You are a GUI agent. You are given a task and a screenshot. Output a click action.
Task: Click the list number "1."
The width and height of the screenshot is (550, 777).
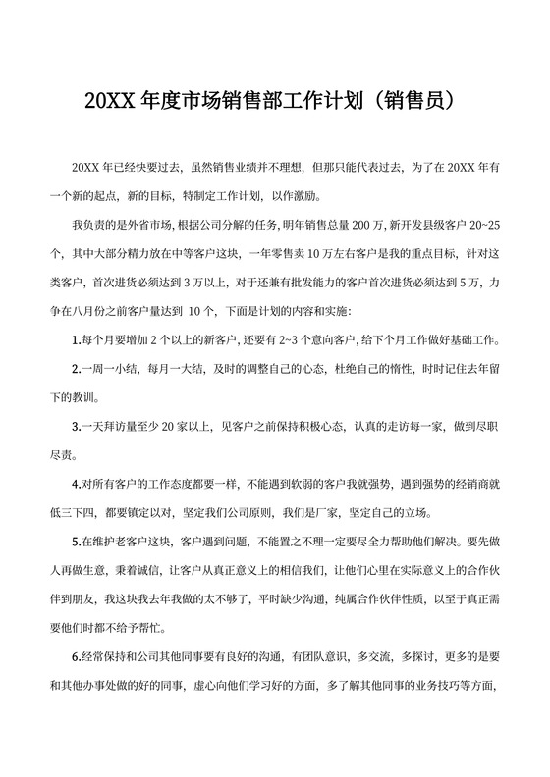point(76,340)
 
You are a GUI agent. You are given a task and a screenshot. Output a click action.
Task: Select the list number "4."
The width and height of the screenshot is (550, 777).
point(76,484)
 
